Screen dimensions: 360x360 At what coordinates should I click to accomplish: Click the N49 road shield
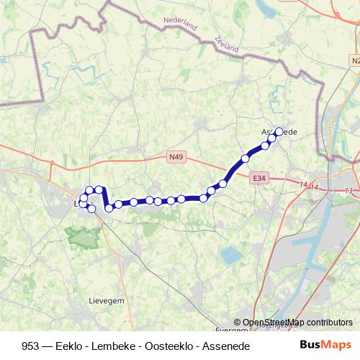tap(176, 155)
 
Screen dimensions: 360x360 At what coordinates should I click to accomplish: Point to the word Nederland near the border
tap(180, 24)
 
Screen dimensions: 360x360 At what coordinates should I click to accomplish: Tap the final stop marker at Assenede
tap(279, 132)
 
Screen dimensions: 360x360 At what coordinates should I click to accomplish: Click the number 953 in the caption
tap(32, 346)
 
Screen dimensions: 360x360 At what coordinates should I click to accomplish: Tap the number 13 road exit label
tap(348, 191)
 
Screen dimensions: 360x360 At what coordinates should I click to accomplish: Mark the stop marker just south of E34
tap(222, 184)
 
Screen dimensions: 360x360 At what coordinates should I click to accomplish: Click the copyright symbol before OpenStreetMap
tap(238, 323)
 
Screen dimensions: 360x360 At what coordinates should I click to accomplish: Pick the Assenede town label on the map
tap(279, 132)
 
